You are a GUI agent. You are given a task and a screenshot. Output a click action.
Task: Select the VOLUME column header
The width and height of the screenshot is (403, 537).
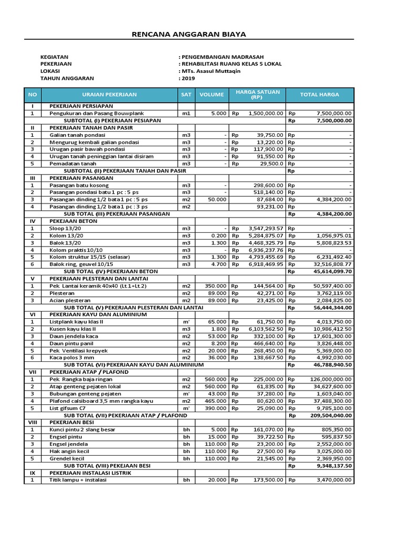click(211, 95)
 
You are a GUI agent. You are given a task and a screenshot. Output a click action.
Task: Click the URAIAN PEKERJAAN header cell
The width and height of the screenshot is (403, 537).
click(109, 95)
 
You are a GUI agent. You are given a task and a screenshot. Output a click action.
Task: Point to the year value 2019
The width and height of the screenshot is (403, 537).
click(187, 78)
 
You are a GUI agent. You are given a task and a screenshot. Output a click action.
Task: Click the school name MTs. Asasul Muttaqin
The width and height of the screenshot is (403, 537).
click(211, 71)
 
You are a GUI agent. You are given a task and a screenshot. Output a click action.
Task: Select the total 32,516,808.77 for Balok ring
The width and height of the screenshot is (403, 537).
click(328, 265)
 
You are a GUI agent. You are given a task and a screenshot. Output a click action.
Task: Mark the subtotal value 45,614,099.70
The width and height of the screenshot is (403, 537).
click(328, 272)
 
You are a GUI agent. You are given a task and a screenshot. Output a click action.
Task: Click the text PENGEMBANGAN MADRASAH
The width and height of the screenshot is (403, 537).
click(223, 57)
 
